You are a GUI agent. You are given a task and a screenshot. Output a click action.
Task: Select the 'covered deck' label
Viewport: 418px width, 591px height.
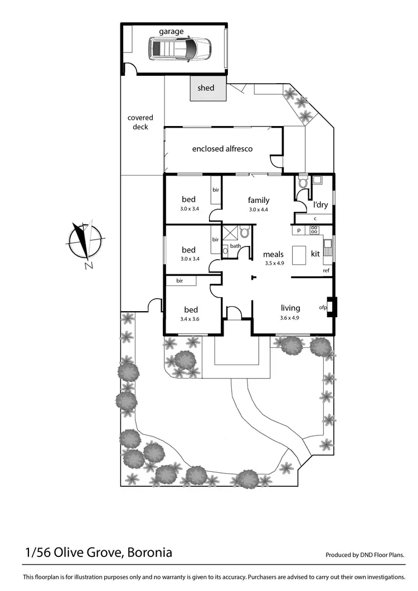(x=140, y=122)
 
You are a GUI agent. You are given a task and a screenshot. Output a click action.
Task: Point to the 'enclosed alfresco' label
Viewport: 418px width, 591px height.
(x=222, y=149)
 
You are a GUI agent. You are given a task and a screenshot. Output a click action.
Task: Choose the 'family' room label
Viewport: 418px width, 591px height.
(x=259, y=200)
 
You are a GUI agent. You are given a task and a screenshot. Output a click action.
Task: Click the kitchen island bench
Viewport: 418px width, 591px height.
(x=300, y=255)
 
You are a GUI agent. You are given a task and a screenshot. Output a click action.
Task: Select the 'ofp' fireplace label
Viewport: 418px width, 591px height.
(x=323, y=307)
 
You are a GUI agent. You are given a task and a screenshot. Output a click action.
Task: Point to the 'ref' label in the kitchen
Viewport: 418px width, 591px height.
(x=326, y=271)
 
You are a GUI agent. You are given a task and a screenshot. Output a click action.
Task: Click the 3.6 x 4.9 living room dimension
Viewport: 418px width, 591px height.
(x=290, y=318)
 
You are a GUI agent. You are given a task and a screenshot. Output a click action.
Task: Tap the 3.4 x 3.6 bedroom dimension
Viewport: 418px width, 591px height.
(x=190, y=319)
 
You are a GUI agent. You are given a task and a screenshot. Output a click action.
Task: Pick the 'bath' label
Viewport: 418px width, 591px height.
(x=235, y=246)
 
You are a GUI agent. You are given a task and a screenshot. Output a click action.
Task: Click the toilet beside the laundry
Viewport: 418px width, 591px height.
(x=303, y=182)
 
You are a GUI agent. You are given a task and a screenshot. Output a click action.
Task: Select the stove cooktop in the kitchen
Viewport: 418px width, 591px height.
(x=314, y=229)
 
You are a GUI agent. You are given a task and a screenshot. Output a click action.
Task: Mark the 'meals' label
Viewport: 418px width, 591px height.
(x=274, y=255)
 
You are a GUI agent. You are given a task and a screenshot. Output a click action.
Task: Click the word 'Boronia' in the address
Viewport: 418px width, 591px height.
(x=149, y=553)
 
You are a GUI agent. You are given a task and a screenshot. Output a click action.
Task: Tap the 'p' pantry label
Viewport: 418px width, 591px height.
(x=299, y=230)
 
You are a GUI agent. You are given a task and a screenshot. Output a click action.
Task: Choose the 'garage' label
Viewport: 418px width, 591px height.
(x=171, y=32)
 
